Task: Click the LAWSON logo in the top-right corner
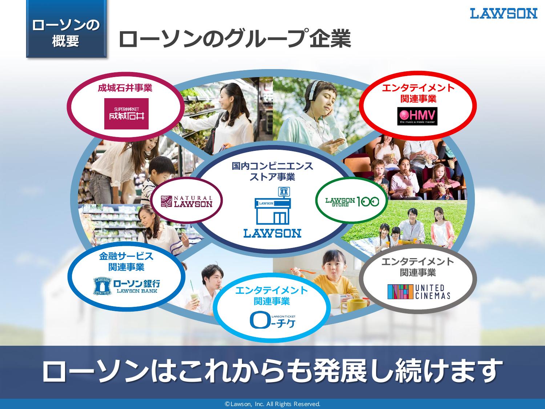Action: tap(504, 14)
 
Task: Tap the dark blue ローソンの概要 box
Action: tap(66, 29)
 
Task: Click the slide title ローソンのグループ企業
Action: tap(235, 39)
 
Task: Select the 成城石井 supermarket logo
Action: tap(126, 113)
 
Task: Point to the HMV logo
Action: tap(417, 116)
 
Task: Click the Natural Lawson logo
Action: tap(187, 201)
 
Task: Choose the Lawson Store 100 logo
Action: tap(352, 201)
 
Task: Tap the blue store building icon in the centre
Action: tap(273, 206)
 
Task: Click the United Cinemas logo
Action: tap(419, 292)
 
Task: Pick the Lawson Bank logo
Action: tap(127, 286)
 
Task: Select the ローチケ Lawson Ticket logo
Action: tap(272, 320)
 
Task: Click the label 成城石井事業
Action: tap(125, 88)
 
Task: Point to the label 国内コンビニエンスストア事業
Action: tap(272, 171)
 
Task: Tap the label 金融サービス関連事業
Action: tap(126, 261)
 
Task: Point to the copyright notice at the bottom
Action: tap(272, 404)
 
